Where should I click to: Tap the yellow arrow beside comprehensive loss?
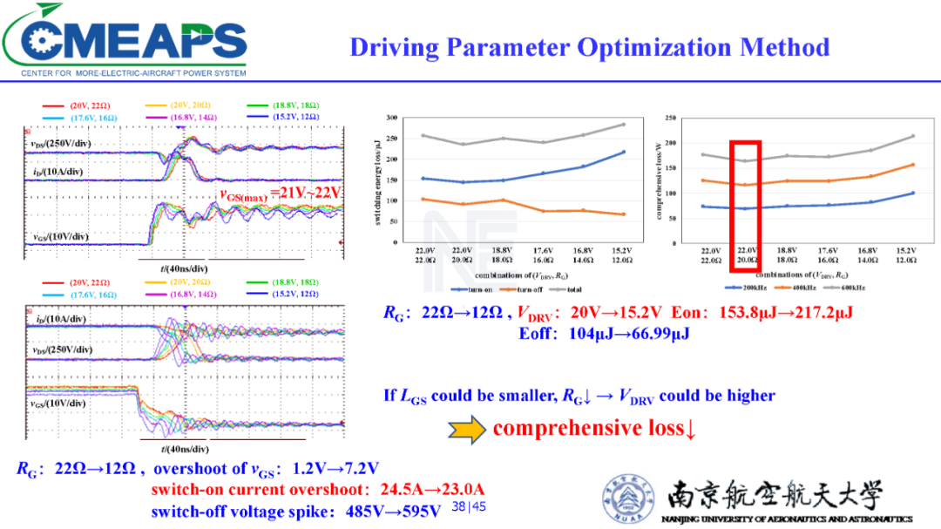[467, 429]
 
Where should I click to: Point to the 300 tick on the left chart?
[393, 118]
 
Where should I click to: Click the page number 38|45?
[469, 506]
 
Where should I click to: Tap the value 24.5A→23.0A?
[426, 489]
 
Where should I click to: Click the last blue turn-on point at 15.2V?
[623, 153]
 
